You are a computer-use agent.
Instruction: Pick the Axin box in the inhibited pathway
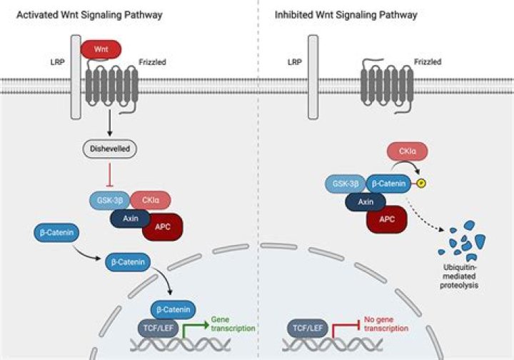point(366,202)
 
